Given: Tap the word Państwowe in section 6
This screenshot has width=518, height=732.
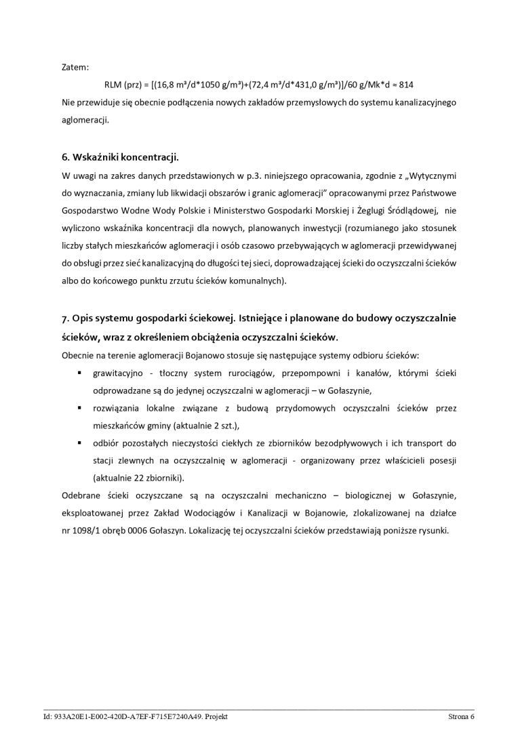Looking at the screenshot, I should [x=435, y=193].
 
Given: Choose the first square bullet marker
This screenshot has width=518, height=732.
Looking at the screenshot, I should [x=79, y=373].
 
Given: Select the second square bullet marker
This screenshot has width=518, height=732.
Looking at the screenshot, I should [x=79, y=408].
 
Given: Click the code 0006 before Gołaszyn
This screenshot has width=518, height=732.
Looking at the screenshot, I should [x=145, y=530].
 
